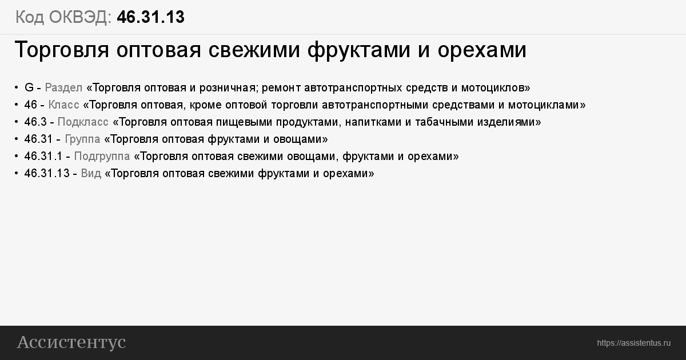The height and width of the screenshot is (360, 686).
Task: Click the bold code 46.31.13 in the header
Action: click(x=151, y=17)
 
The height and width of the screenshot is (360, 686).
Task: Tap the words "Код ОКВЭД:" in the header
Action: click(x=63, y=17)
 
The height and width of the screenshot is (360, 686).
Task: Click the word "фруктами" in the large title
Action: click(x=358, y=50)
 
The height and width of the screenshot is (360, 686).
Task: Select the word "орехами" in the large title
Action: click(x=482, y=50)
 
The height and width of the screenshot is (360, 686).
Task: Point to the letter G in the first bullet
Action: click(x=29, y=87)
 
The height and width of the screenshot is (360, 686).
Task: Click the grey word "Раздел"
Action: click(x=63, y=88)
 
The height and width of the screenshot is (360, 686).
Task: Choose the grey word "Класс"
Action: click(x=63, y=105)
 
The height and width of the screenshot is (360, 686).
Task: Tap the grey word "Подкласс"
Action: click(x=83, y=122)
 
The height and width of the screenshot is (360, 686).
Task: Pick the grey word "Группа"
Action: click(x=82, y=139)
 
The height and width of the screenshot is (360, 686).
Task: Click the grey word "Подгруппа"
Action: click(x=102, y=157)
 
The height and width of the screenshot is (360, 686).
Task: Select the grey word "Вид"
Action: click(x=91, y=174)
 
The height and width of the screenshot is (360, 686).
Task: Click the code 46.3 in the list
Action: click(x=35, y=122)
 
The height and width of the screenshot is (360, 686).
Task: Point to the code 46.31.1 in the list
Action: click(x=43, y=156)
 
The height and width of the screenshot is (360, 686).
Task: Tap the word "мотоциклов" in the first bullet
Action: click(x=492, y=88)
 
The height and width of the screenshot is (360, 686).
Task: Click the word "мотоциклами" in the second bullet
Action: click(x=543, y=105)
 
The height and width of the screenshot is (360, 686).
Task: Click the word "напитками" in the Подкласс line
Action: click(x=374, y=122)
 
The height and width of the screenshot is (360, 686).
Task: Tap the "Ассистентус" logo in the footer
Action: click(x=71, y=342)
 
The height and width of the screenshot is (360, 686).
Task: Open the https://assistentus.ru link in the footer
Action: click(x=633, y=343)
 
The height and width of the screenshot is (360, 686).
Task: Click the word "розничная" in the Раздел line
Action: click(x=228, y=88)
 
